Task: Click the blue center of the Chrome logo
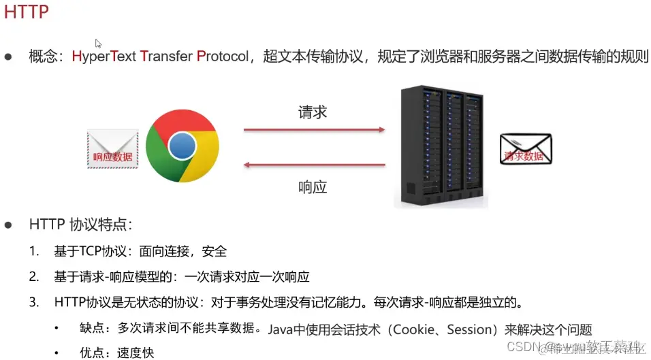click(x=182, y=146)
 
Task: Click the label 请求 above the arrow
click(x=313, y=112)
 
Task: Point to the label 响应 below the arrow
click(x=313, y=186)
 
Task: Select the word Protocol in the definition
click(x=223, y=56)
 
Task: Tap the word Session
click(x=469, y=329)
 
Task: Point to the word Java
click(x=279, y=329)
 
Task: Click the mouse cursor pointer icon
click(x=98, y=43)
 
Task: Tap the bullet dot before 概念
click(x=8, y=57)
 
